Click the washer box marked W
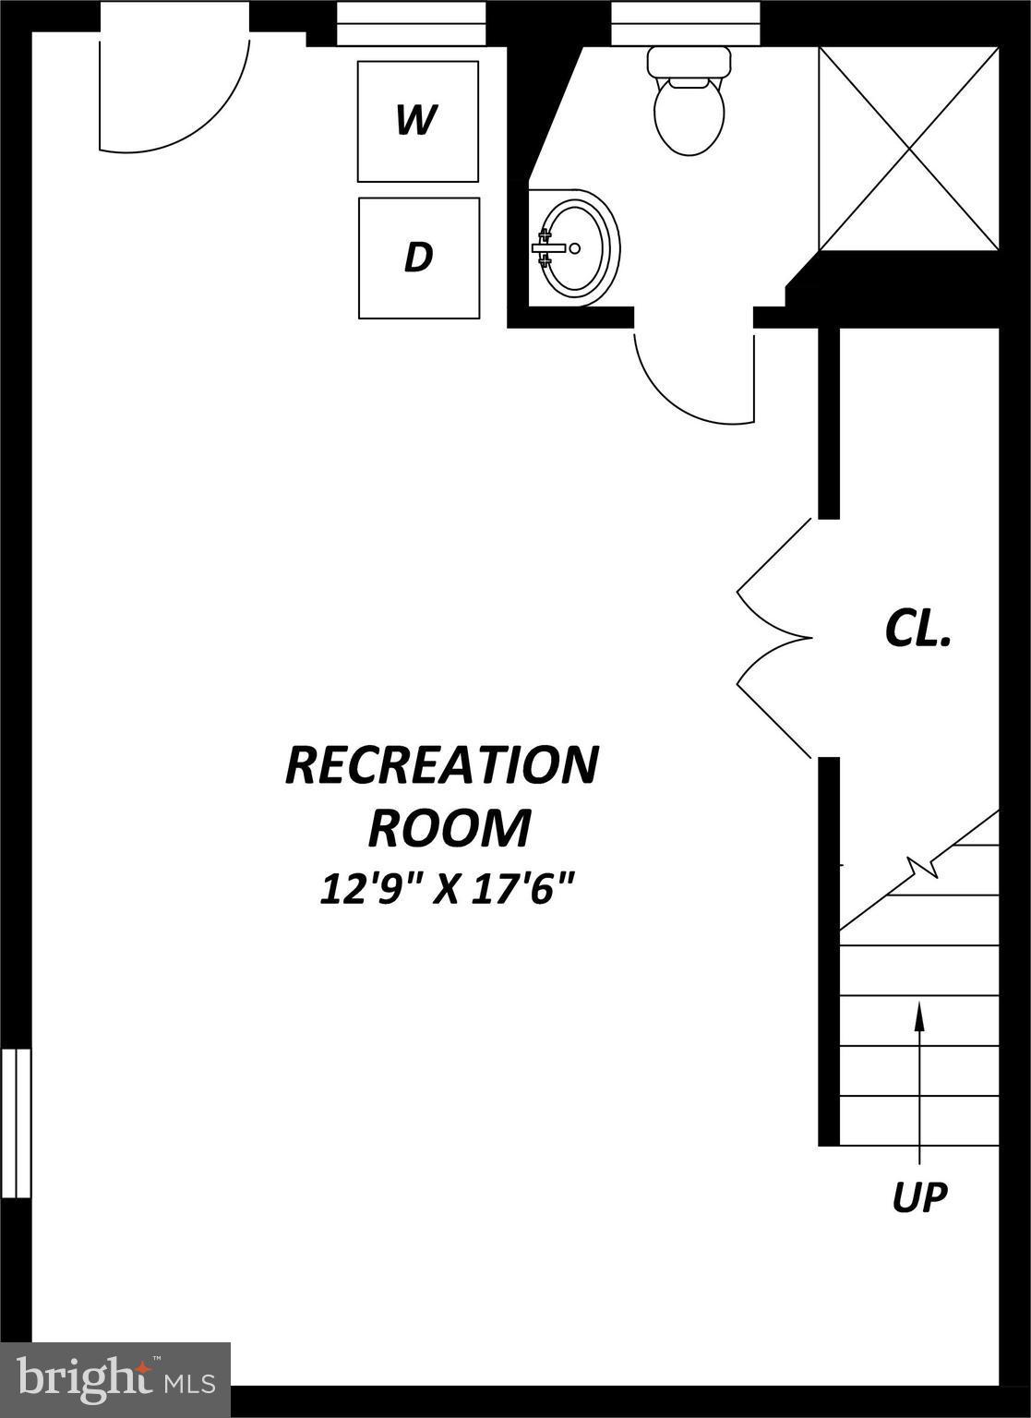point(418,121)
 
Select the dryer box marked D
point(418,258)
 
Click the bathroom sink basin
point(578,247)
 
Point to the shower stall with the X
point(909,149)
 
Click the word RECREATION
point(442,765)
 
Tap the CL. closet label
point(917,630)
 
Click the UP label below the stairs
point(919,1197)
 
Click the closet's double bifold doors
point(773,638)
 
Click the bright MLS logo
point(115,1379)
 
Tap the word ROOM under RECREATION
point(450,828)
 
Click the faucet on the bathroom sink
point(547,247)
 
